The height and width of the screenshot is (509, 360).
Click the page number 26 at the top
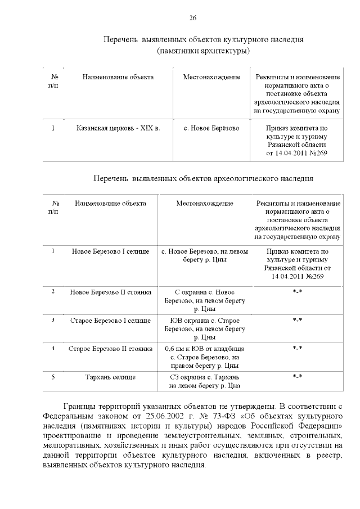pos(192,19)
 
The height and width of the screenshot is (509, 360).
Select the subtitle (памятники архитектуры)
pos(203,51)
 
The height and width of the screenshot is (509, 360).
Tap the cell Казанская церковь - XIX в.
pos(118,128)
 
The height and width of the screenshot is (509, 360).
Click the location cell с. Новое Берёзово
pos(211,128)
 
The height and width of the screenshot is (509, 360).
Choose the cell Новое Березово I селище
pos(110,251)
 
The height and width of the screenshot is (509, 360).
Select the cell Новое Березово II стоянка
pos(110,292)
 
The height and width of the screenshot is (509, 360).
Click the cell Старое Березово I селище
pos(110,321)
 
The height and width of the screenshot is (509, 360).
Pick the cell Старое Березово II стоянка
pos(110,349)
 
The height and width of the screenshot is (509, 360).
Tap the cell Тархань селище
pos(110,377)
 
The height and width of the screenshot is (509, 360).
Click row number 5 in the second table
pos(53,377)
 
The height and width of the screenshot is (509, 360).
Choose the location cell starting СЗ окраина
pos(205,381)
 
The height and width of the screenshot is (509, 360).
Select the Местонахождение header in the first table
pos(211,76)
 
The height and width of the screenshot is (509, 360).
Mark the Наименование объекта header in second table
pos(110,203)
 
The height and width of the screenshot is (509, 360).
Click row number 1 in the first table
pos(53,128)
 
